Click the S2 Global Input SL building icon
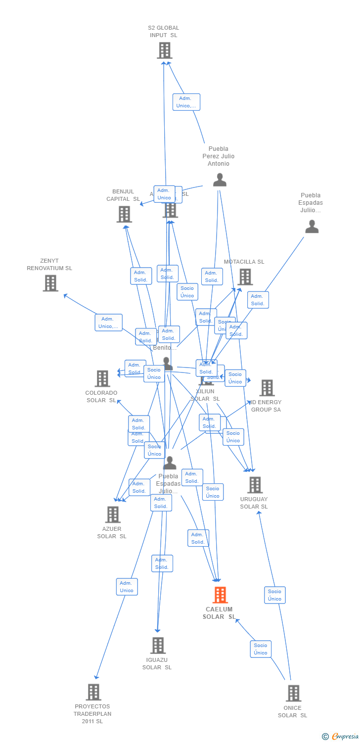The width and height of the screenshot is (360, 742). tap(165, 50)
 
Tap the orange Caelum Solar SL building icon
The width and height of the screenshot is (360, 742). tap(220, 595)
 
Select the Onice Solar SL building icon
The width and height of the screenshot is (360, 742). tap(293, 693)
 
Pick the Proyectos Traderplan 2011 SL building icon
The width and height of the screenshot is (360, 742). tap(93, 692)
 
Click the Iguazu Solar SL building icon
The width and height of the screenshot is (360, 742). tap(158, 646)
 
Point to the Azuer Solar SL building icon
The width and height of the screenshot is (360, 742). tap(113, 514)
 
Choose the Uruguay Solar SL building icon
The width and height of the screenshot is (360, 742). tap(255, 485)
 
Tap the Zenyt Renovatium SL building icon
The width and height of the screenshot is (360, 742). tap(50, 283)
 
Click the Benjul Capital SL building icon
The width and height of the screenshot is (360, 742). tap(124, 214)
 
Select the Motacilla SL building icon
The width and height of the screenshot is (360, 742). tap(245, 277)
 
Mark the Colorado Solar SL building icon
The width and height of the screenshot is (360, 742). tap(102, 378)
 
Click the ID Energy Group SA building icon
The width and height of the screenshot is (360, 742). tap(267, 388)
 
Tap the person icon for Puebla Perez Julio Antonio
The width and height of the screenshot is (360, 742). tap(220, 180)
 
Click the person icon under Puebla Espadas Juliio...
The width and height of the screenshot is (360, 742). tap(312, 227)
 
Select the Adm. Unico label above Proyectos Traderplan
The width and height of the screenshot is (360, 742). tap(127, 587)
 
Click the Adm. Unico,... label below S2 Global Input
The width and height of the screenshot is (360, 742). tap(186, 102)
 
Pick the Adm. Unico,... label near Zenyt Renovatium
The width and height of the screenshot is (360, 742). tap(109, 323)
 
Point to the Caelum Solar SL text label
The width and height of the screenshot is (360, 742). tap(219, 613)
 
